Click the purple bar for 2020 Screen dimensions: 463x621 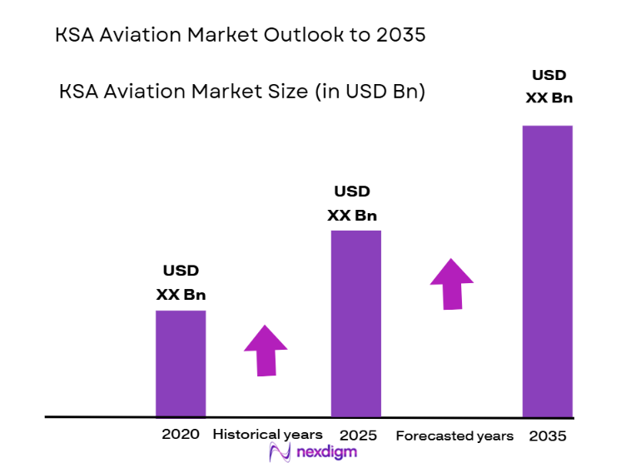click(181, 363)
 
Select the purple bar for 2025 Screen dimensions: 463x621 click(355, 323)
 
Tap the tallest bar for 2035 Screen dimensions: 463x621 click(547, 271)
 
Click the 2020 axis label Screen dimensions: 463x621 click(181, 435)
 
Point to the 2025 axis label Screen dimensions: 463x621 click(358, 436)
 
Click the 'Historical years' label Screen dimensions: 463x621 click(267, 435)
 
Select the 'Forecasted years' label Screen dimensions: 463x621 click(455, 436)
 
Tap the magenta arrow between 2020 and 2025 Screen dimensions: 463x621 click(266, 349)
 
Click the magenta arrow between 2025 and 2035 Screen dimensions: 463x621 click(451, 283)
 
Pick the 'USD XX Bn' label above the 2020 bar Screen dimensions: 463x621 click(181, 282)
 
